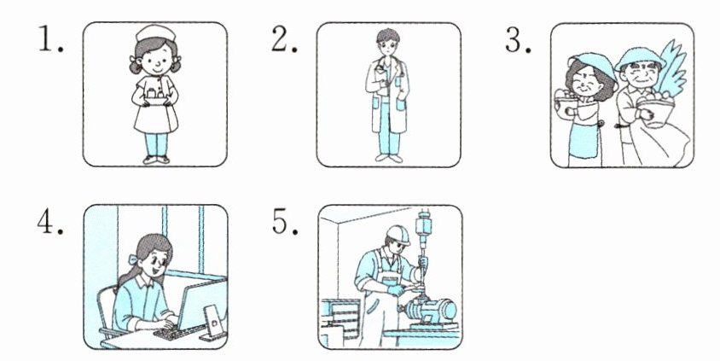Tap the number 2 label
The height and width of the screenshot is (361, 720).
coord(282,40)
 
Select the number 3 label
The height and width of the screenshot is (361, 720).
coord(517,40)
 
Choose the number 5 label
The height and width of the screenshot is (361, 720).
coord(282,224)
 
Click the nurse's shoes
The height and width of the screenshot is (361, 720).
coord(155,158)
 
